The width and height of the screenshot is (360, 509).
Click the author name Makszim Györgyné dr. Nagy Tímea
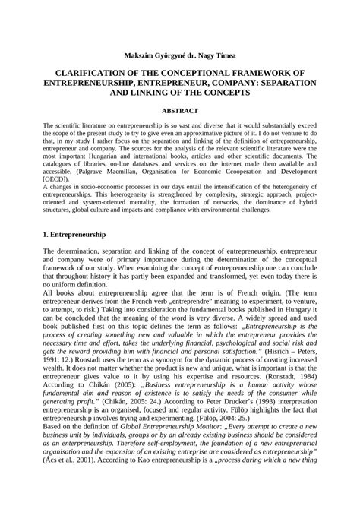pyautogui.click(x=179, y=55)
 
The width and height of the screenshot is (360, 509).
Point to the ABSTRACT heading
pyautogui.click(x=179, y=110)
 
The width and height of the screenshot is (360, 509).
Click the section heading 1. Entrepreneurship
pyautogui.click(x=74, y=236)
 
